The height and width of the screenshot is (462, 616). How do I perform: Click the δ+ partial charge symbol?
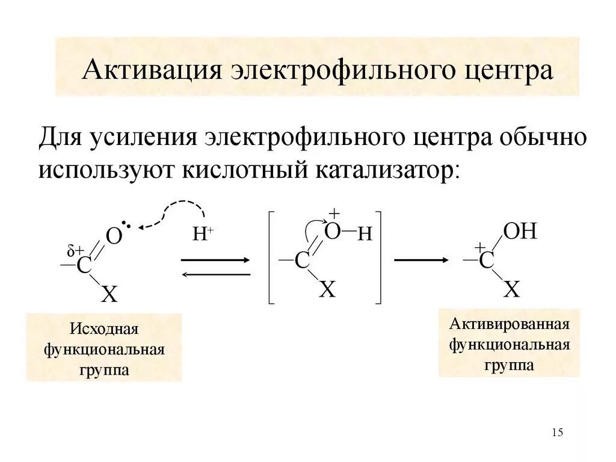75,251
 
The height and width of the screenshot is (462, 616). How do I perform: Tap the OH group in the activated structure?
520,231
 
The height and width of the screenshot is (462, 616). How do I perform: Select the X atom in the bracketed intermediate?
327,290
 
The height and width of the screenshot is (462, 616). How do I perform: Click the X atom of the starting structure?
109,294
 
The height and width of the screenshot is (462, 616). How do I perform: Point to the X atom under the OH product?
511,290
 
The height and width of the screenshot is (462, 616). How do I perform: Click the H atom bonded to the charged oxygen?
365,235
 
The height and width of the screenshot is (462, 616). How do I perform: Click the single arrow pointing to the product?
421,260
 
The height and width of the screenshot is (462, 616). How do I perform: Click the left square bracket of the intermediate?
271,257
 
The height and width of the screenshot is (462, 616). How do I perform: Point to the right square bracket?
378,257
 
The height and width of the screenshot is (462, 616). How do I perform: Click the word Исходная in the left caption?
104,330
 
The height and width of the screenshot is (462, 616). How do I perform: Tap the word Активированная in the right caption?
510,325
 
